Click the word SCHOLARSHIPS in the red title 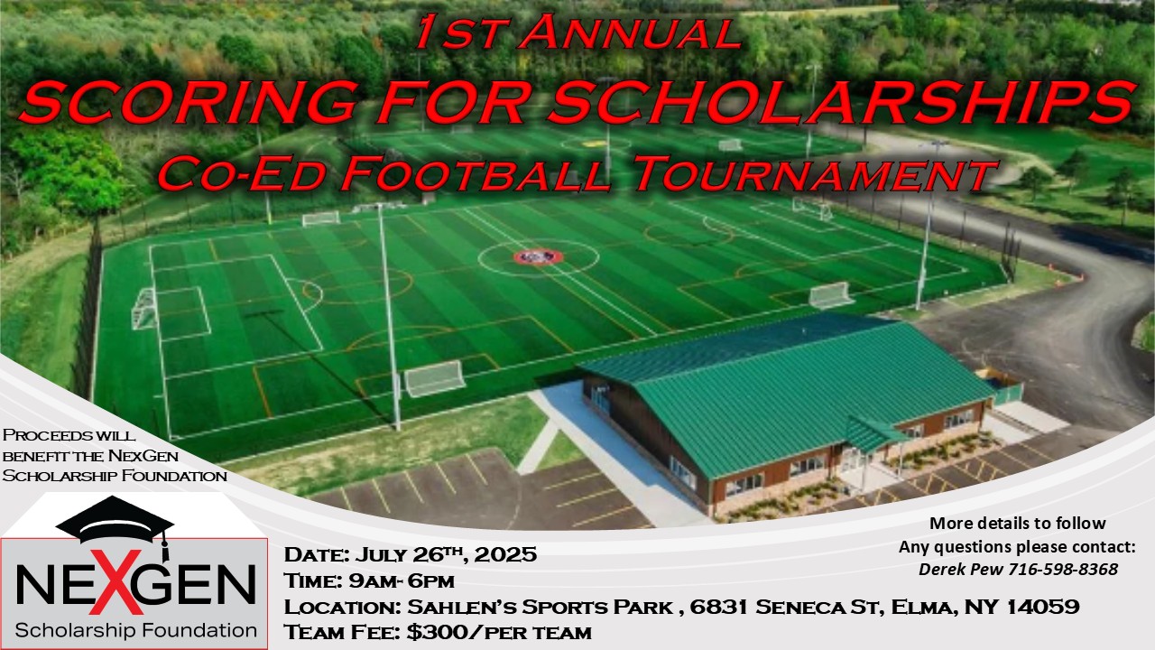coord(838,102)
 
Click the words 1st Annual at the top coord(578,34)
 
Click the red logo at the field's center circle coord(538,257)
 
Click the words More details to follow coord(1017,524)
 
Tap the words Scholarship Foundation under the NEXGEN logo coord(136,629)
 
